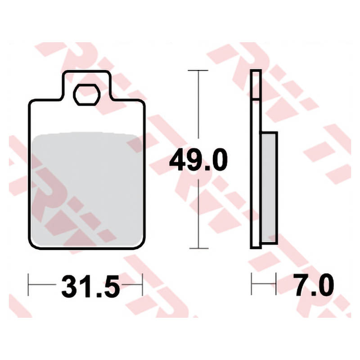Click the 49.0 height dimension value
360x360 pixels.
point(198,160)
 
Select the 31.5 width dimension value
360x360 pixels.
point(90,286)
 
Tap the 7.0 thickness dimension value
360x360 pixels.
point(314,285)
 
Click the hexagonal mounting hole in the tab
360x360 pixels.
point(86,95)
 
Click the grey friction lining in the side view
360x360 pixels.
point(269,188)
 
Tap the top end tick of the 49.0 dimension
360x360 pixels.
point(198,70)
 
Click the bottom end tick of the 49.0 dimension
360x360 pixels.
point(199,248)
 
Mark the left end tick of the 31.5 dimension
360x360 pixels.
point(28,284)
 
